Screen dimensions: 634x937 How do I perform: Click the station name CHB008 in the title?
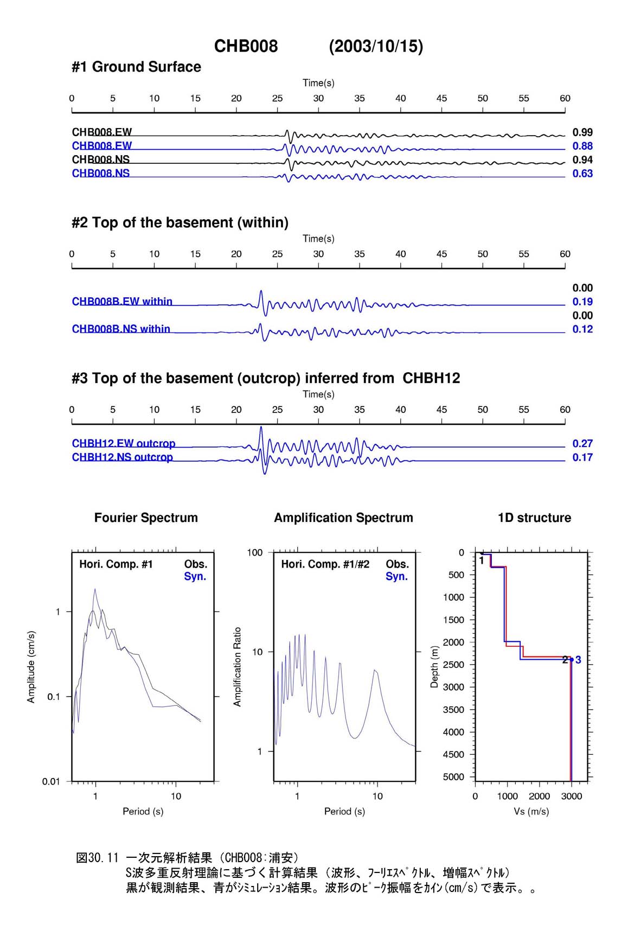(x=246, y=46)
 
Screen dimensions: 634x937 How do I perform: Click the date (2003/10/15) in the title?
(x=376, y=46)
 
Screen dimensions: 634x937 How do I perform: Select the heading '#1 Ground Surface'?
(x=136, y=67)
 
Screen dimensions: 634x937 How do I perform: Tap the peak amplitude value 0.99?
(x=582, y=132)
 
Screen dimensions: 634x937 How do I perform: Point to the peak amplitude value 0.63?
(x=582, y=174)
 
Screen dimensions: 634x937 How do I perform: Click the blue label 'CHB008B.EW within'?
(x=122, y=302)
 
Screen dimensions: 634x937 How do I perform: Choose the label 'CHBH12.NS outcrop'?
(x=122, y=457)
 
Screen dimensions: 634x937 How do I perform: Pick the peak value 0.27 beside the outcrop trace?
(x=582, y=444)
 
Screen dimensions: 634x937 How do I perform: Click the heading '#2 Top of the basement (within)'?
(x=180, y=222)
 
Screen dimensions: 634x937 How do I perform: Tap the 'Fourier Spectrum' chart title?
(x=146, y=518)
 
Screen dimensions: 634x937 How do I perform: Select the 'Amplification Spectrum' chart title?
(x=343, y=518)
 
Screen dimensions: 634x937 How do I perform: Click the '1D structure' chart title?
(x=534, y=518)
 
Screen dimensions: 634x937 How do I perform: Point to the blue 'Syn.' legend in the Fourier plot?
(x=195, y=576)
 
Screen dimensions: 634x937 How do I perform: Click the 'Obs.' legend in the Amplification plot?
(x=397, y=564)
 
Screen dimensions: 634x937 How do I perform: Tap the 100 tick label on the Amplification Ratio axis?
(x=255, y=552)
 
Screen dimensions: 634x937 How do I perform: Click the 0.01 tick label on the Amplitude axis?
(x=51, y=781)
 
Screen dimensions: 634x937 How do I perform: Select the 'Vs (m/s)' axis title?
(x=531, y=812)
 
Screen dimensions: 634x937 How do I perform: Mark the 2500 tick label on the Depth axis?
(x=455, y=665)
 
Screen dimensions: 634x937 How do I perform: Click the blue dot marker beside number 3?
(x=572, y=660)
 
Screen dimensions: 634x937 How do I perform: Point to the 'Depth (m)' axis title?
(x=434, y=667)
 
